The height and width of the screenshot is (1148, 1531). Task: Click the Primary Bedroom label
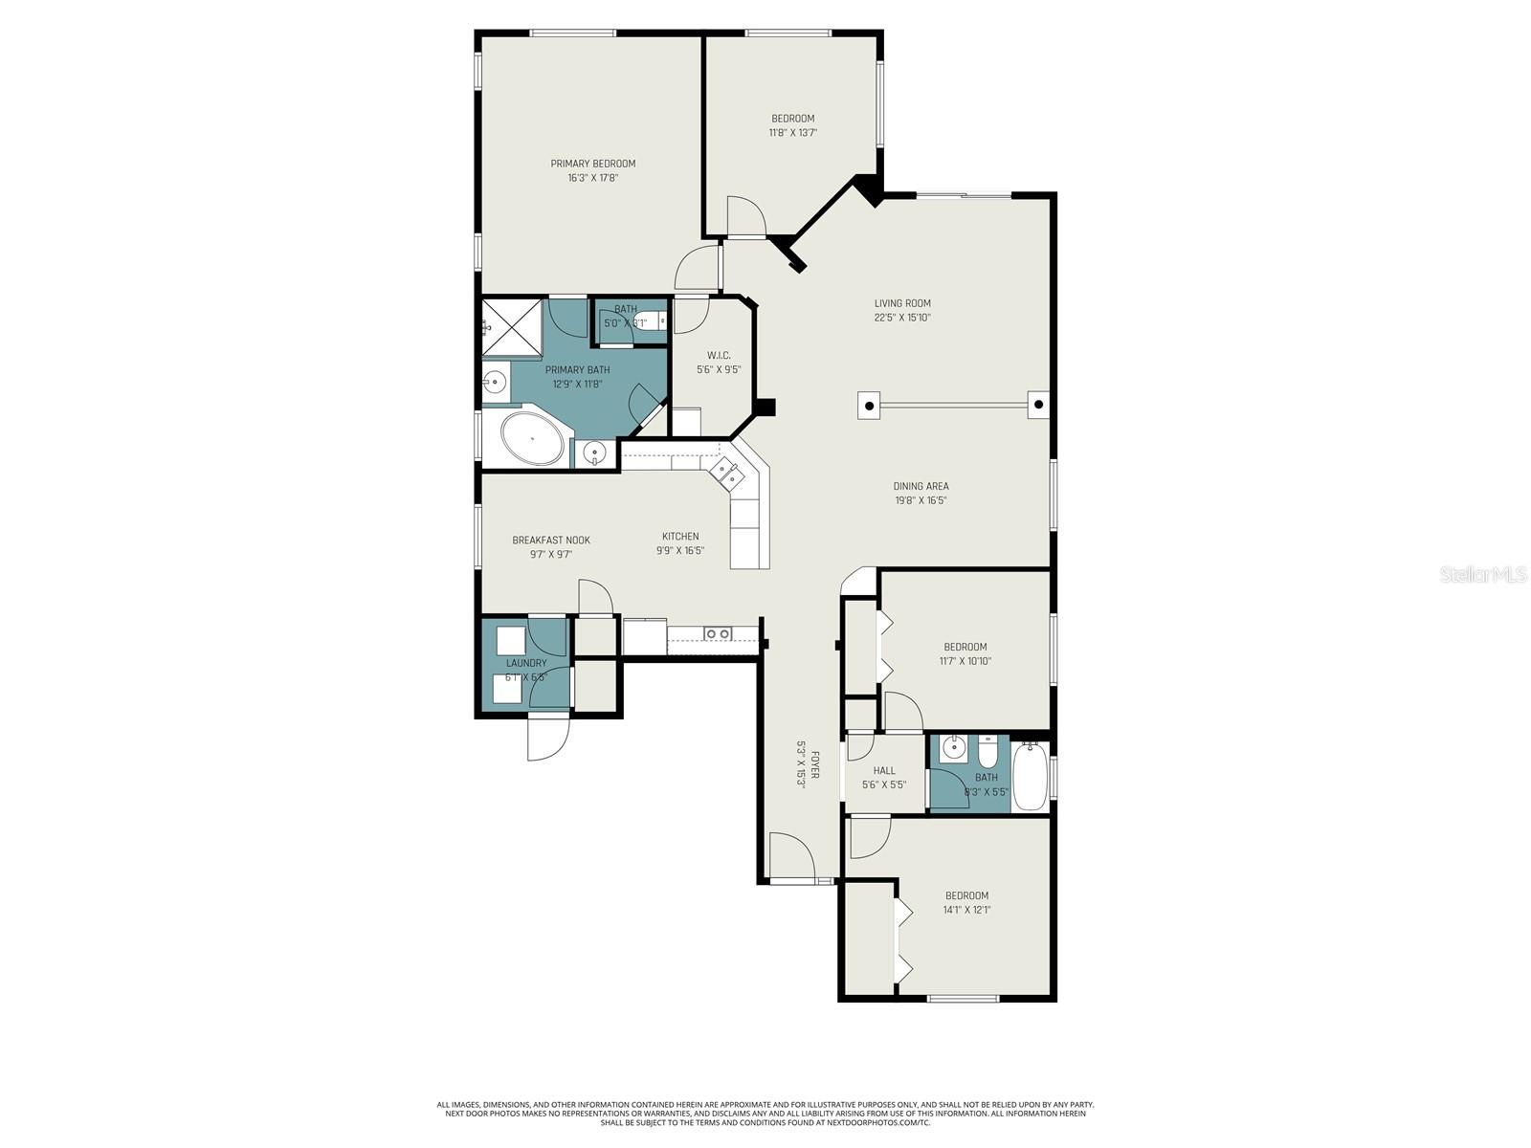592,164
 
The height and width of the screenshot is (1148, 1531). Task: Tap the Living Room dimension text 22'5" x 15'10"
901,318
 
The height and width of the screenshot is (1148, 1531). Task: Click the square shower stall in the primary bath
511,326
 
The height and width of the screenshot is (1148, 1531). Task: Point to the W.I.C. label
718,355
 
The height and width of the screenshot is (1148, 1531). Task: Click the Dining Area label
921,486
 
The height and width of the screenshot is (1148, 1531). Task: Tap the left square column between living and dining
869,406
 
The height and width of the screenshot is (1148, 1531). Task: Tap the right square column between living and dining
1038,405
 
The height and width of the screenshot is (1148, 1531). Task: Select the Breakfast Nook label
550,540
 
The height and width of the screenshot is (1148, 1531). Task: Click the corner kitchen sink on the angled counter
723,471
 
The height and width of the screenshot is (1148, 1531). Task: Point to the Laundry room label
525,663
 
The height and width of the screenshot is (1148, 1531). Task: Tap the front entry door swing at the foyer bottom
790,854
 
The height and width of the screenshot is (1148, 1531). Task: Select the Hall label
884,770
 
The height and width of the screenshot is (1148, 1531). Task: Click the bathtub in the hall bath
1031,777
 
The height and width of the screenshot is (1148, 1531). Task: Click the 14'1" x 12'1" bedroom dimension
965,910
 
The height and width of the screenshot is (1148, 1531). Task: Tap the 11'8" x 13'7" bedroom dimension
792,133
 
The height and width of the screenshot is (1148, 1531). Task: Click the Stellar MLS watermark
1482,574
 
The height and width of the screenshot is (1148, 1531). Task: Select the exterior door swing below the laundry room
547,738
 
